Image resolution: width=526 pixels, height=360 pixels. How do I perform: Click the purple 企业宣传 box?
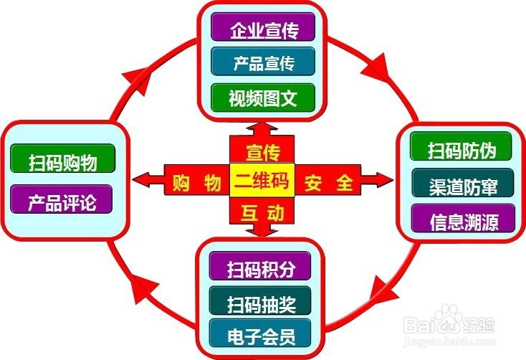coord(263,30)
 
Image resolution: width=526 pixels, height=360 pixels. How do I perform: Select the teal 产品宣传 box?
coord(263,63)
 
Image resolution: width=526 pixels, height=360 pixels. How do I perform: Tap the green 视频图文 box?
coord(263,96)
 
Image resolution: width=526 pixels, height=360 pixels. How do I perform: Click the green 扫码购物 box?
coord(63,160)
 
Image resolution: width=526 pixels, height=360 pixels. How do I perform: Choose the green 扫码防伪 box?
coord(462,150)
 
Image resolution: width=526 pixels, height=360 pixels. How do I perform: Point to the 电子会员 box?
coord(261,333)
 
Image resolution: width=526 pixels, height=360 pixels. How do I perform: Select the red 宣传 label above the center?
coord(262,151)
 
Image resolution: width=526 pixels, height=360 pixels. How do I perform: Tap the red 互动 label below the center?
coord(262,213)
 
